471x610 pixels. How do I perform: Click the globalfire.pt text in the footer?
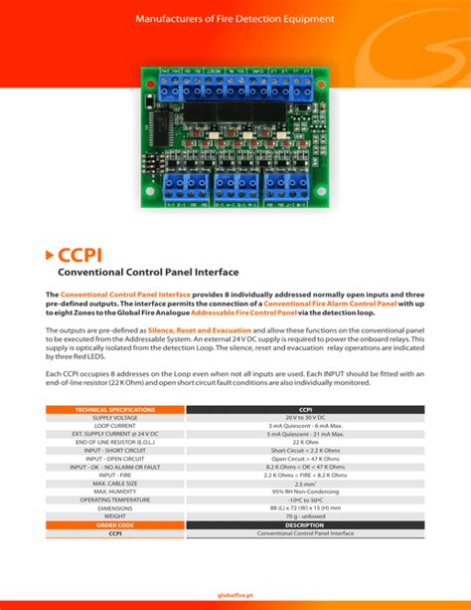[x=235, y=595]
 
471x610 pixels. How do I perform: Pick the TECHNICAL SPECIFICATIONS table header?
[x=115, y=409]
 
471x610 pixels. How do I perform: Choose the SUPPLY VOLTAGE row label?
[x=115, y=418]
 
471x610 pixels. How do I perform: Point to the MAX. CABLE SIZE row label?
[x=115, y=484]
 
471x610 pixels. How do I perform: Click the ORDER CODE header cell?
[x=115, y=524]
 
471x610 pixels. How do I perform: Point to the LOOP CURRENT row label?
[x=115, y=426]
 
